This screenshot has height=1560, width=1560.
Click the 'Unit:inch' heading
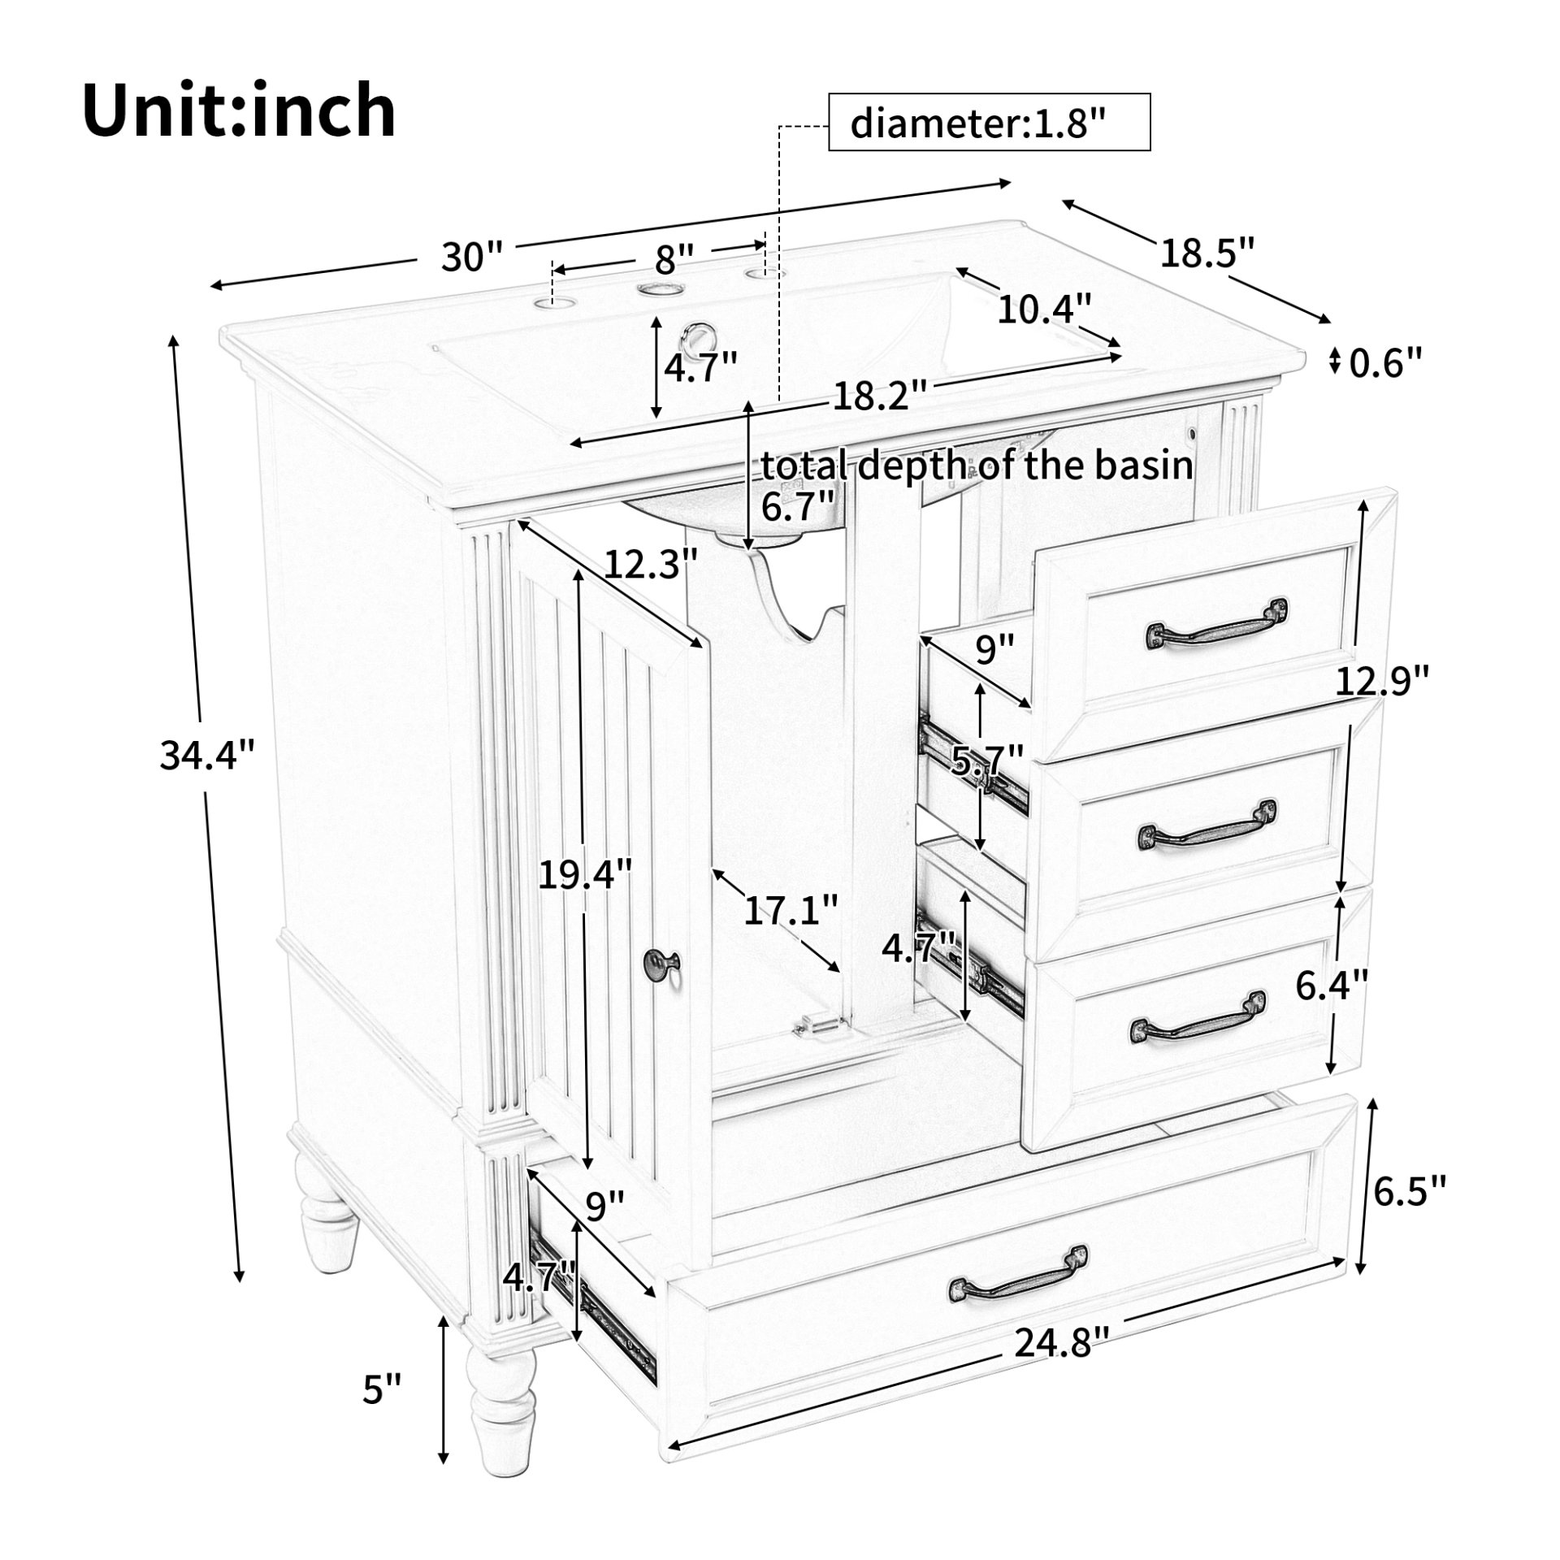[239, 111]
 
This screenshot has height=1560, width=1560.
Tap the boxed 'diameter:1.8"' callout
[988, 123]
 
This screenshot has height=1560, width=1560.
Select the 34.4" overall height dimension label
[207, 756]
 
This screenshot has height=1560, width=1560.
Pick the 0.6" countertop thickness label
[1386, 362]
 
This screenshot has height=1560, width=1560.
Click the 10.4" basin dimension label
[1043, 310]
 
